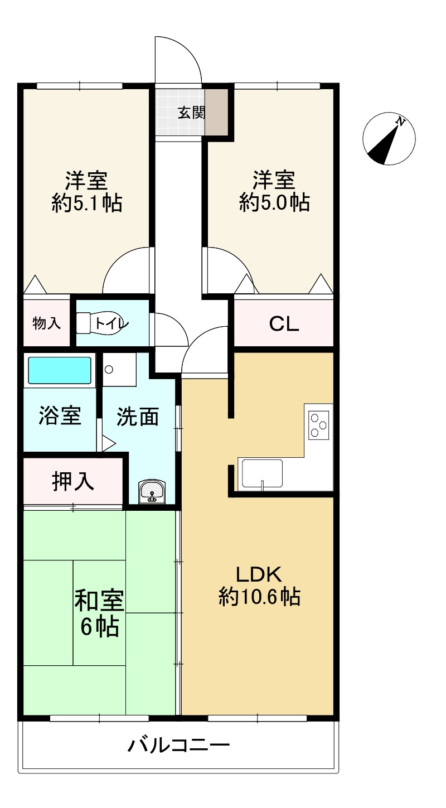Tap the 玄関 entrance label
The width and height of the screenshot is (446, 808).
(x=191, y=113)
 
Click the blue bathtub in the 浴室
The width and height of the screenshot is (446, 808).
(x=59, y=370)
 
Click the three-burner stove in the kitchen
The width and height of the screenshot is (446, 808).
(x=319, y=425)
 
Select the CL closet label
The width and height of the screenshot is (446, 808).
(x=284, y=324)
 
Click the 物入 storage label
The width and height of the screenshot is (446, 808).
(x=47, y=323)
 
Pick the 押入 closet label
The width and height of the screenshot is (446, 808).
(x=73, y=482)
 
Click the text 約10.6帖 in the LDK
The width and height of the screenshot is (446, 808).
(x=259, y=598)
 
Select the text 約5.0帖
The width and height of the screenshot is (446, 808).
(x=274, y=202)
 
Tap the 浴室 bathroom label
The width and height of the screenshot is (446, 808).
(x=60, y=416)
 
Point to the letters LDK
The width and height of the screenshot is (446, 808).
(x=259, y=574)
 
